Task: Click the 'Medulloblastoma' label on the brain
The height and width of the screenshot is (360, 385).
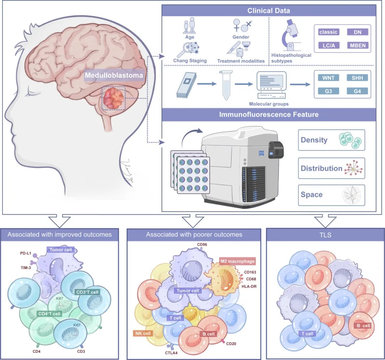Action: [114, 75]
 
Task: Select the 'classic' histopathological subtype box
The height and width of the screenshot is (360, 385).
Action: [328, 32]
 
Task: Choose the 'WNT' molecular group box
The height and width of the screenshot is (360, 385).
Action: [328, 78]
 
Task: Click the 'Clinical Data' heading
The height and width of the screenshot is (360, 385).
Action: [269, 11]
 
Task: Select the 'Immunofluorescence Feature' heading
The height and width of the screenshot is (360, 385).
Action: [269, 115]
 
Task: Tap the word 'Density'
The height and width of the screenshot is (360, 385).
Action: [314, 140]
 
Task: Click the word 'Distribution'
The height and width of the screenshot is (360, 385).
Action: [321, 168]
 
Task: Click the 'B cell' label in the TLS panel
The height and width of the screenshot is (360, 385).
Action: [361, 325]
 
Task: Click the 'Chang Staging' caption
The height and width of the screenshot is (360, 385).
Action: [190, 61]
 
